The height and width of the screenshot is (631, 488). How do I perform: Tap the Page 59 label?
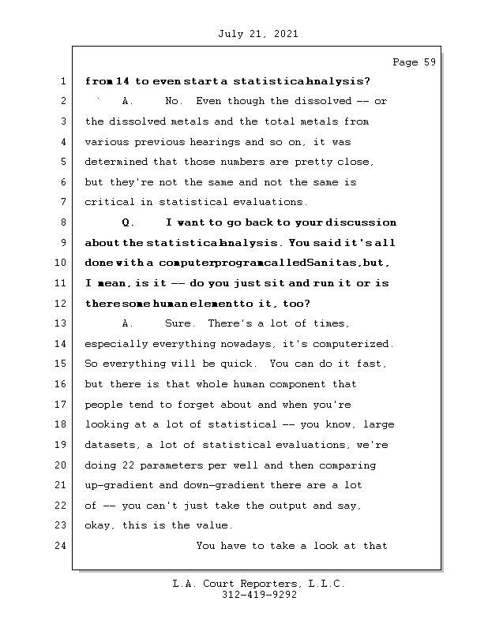click(414, 62)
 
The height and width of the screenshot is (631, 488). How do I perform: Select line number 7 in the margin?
click(62, 203)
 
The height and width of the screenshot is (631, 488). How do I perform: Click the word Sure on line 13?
click(179, 323)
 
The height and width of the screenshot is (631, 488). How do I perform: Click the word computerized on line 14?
click(354, 343)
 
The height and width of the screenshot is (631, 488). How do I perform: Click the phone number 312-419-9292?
click(258, 596)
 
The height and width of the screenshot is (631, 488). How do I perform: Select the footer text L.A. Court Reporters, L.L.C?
click(258, 584)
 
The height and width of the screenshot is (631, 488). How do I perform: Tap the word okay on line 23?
click(99, 525)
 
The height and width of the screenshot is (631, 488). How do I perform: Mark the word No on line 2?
click(173, 102)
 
